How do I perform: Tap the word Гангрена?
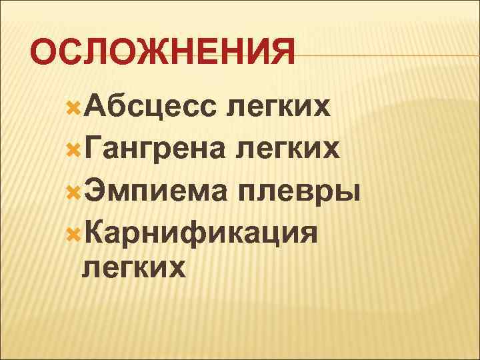158,149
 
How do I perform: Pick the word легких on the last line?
133,268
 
